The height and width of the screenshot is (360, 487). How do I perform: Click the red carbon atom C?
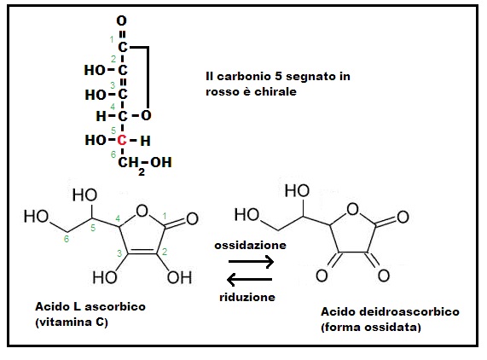[122, 141]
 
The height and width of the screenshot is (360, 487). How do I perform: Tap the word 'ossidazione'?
[251, 245]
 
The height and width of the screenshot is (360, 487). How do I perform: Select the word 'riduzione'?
[247, 297]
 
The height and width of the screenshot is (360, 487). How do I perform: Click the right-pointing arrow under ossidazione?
[251, 262]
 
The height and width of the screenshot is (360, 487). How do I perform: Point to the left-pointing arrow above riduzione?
[249, 279]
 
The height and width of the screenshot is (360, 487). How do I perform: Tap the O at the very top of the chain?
[121, 21]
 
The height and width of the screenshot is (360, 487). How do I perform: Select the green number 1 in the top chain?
[112, 39]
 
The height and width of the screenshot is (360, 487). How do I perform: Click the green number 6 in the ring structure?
[67, 239]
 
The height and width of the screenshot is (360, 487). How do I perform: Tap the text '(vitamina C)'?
[72, 322]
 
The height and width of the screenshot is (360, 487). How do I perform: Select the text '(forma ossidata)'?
[371, 328]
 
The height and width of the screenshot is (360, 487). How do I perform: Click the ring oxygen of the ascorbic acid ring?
[142, 211]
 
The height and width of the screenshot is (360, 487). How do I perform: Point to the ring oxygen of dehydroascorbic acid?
[352, 209]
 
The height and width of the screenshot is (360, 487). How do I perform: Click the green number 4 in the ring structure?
[118, 218]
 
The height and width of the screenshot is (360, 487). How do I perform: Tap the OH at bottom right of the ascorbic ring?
[179, 277]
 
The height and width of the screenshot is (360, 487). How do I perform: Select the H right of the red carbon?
[145, 141]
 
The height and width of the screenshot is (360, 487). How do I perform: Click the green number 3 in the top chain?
[113, 84]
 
